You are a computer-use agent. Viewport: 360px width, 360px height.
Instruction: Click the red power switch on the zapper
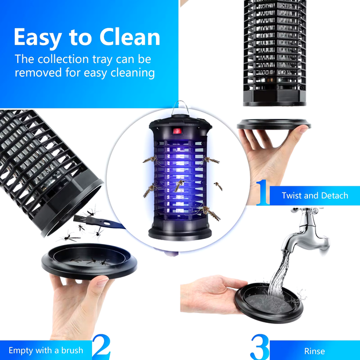coord(177,131)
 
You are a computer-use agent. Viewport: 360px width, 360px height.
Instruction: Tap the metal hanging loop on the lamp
coord(181,107)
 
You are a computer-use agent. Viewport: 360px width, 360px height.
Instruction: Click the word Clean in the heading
coord(130,37)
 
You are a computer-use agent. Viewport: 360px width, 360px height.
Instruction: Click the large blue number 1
coord(262,193)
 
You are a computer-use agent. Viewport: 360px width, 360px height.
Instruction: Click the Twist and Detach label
coord(315,195)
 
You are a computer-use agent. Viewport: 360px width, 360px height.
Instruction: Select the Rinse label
coord(314,351)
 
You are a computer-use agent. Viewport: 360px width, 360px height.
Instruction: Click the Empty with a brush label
coord(46,350)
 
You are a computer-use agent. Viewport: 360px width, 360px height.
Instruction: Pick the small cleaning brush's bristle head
coord(81,219)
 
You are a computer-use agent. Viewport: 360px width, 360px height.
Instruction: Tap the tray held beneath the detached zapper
coord(274,124)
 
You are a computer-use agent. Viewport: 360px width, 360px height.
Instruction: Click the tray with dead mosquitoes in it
coord(89,261)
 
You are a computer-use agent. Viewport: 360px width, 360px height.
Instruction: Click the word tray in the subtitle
coord(102,59)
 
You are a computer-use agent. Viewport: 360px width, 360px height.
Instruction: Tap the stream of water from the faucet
coord(279,273)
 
